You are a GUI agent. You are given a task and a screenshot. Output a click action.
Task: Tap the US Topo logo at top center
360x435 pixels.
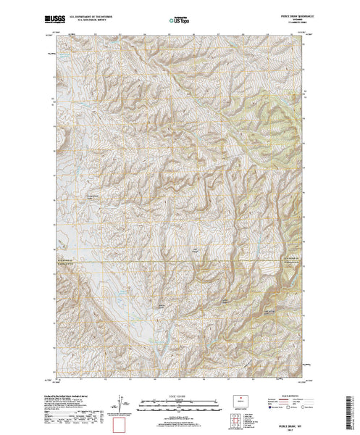coord(180,20)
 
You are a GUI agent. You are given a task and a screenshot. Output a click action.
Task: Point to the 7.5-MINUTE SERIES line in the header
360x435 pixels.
coord(293,22)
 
